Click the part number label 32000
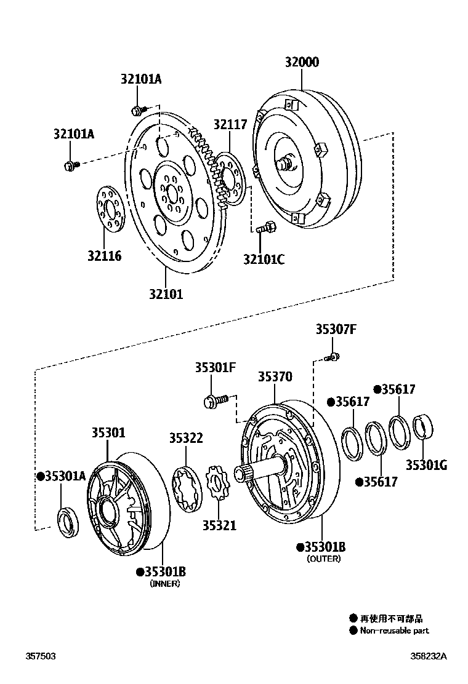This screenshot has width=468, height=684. click(302, 62)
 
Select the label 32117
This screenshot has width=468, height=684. click(230, 124)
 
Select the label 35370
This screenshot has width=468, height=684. click(275, 376)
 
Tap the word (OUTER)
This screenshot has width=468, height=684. click(323, 559)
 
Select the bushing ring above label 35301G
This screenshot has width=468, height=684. click(423, 427)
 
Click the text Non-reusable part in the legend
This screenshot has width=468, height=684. click(394, 630)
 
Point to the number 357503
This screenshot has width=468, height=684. click(40, 656)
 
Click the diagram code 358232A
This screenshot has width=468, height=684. click(430, 656)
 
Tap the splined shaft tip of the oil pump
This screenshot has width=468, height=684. click(241, 475)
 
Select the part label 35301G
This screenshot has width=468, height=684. click(426, 465)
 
